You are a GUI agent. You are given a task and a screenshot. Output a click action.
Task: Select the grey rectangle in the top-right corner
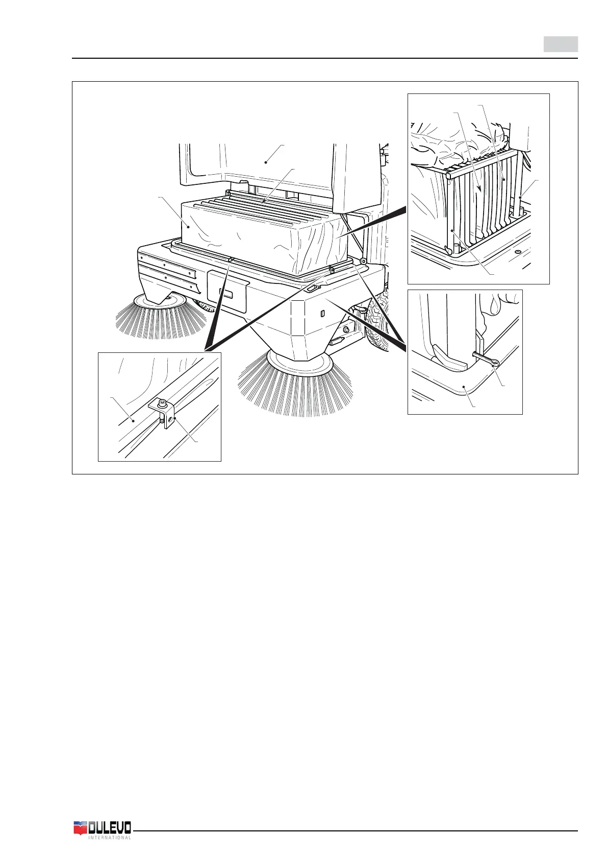(x=560, y=44)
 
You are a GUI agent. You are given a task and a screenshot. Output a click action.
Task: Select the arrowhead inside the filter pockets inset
(x=479, y=188)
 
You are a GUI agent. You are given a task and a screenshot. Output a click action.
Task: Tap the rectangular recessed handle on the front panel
(x=227, y=295)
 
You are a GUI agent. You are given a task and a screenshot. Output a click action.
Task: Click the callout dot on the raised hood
(x=266, y=162)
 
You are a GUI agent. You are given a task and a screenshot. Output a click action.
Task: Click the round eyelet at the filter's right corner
(x=363, y=261)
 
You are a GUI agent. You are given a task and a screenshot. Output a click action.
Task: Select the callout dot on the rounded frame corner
(x=463, y=387)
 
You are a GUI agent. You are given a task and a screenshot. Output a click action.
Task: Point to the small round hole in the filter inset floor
(x=517, y=252)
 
